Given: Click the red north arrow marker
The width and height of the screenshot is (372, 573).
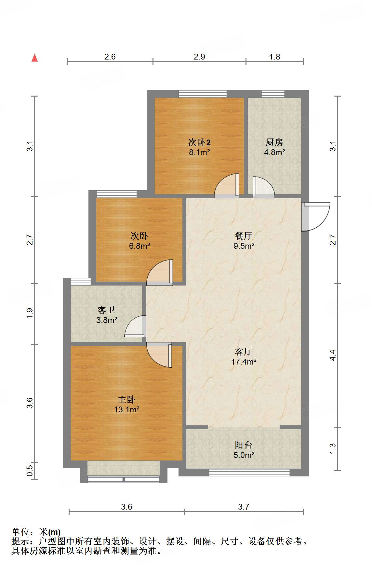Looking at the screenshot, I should click(34, 58).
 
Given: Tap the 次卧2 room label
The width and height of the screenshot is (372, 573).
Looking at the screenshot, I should click(199, 142).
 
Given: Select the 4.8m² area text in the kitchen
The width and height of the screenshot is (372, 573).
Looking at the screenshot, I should click(274, 152).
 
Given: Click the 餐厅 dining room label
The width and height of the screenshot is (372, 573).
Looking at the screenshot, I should click(243, 236).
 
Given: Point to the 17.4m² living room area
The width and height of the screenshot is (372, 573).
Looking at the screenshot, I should click(244, 362).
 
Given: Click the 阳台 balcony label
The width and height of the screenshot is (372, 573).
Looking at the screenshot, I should click(243, 445).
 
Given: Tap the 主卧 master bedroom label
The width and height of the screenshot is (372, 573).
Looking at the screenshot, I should click(126, 399).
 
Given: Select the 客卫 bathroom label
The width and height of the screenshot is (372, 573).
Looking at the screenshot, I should click(106, 310).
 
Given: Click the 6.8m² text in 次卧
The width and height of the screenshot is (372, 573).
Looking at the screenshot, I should click(139, 246).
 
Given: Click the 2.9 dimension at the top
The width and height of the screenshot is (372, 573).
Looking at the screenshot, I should click(199, 57).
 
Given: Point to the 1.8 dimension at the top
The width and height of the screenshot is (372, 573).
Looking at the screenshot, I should click(274, 57).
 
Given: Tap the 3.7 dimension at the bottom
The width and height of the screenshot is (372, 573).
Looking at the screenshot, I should click(243, 507).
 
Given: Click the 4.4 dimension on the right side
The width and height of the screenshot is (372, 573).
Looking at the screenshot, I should click(333, 355).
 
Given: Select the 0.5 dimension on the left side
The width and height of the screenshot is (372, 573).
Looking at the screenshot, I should click(30, 470).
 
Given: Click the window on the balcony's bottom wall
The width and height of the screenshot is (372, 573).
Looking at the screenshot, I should click(249, 473).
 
